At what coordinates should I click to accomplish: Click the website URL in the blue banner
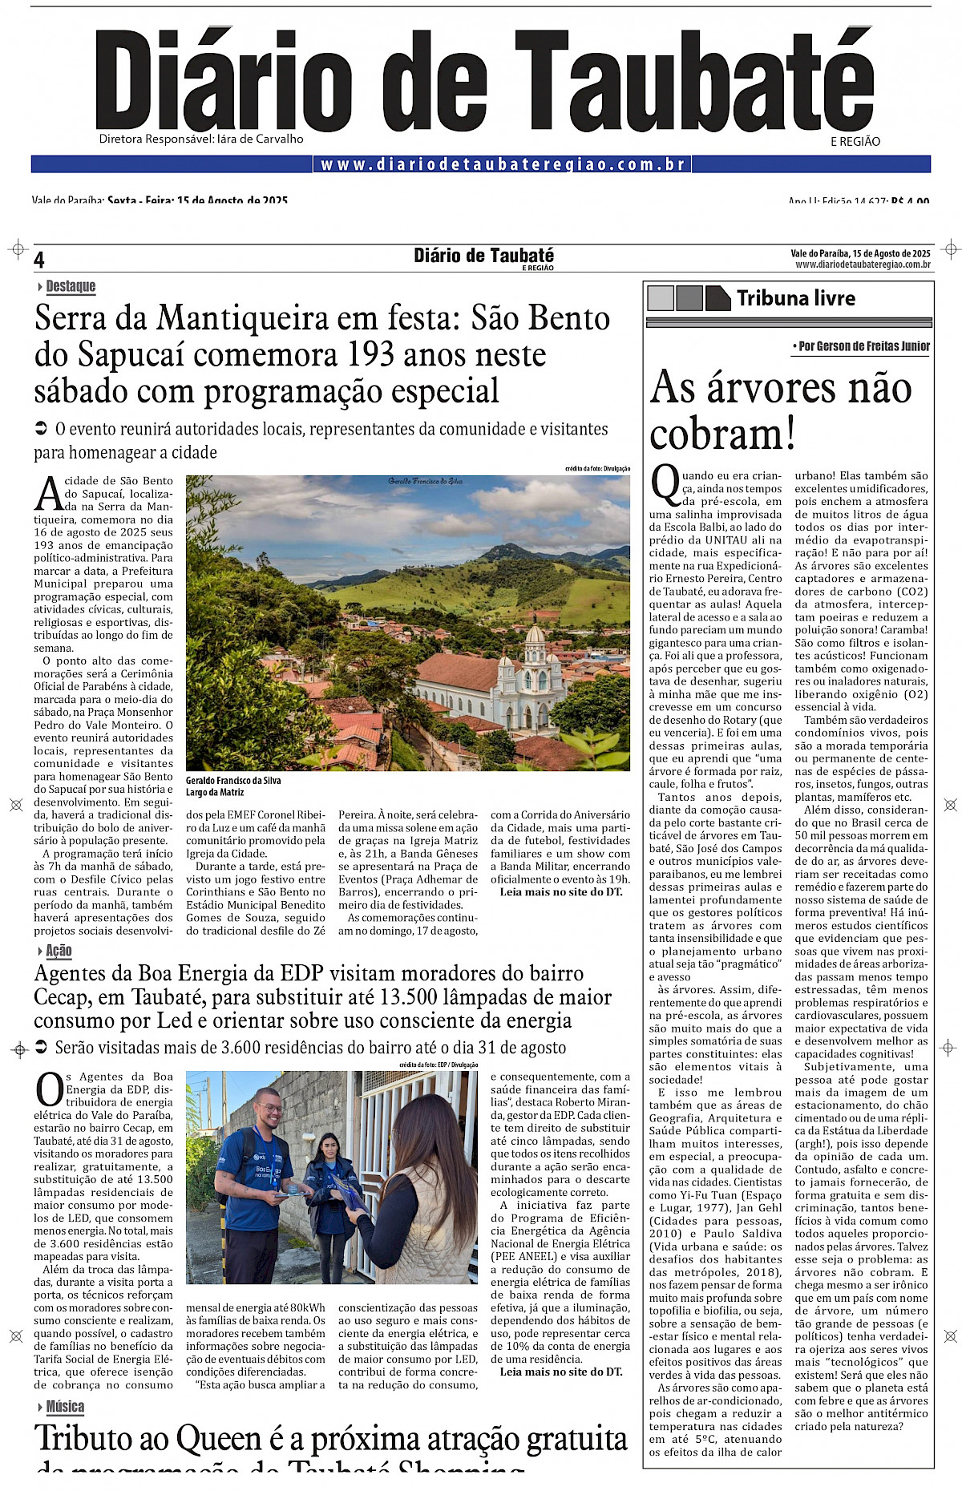[x=503, y=164]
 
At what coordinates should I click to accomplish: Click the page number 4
[x=39, y=260]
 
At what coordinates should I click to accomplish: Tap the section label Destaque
[x=71, y=286]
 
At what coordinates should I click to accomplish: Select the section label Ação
[x=59, y=951]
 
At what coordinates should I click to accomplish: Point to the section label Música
[x=65, y=1407]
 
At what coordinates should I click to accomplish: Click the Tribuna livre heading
[x=795, y=298]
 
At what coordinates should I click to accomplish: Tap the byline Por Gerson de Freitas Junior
[x=863, y=346]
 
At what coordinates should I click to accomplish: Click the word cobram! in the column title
[x=722, y=434]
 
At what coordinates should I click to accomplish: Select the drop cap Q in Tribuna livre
[x=665, y=483]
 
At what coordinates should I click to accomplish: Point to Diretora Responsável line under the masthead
[x=201, y=139]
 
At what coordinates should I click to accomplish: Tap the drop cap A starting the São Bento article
[x=49, y=494]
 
